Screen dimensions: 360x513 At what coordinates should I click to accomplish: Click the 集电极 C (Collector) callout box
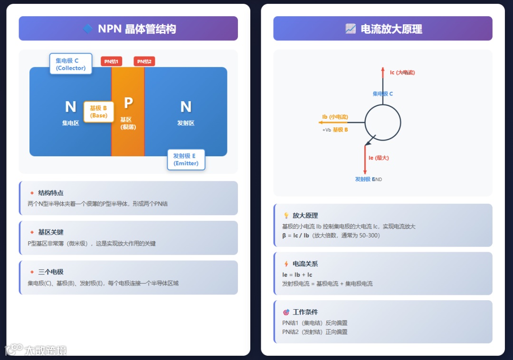pyautogui.click(x=71, y=64)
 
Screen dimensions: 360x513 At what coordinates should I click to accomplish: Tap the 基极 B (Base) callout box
pyautogui.click(x=98, y=112)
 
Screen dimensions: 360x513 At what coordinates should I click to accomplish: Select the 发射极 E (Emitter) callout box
pyautogui.click(x=186, y=160)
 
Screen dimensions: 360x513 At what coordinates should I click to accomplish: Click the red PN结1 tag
pyautogui.click(x=111, y=61)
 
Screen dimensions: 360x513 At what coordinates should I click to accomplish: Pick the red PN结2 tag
pyautogui.click(x=144, y=61)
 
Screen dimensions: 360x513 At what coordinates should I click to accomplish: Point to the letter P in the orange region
pyautogui.click(x=128, y=103)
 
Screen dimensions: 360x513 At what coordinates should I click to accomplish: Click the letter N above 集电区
pyautogui.click(x=70, y=107)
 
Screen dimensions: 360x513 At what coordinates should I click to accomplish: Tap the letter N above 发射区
pyautogui.click(x=186, y=107)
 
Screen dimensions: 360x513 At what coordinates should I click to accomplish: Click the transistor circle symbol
pyautogui.click(x=383, y=123)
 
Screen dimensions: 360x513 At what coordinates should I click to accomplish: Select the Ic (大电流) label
pyautogui.click(x=402, y=73)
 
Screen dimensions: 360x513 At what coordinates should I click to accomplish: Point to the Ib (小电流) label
pyautogui.click(x=335, y=117)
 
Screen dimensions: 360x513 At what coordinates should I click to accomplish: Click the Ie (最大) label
pyautogui.click(x=379, y=158)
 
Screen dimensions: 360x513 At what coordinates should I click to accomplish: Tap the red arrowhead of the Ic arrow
pyautogui.click(x=383, y=70)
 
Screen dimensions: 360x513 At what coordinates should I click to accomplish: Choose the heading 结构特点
pyautogui.click(x=51, y=193)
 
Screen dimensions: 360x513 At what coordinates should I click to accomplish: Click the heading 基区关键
pyautogui.click(x=51, y=232)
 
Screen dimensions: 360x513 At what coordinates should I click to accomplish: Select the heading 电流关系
pyautogui.click(x=305, y=264)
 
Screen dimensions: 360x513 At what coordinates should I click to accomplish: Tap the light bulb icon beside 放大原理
pyautogui.click(x=286, y=215)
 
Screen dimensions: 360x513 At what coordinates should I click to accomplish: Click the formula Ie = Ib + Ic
pyautogui.click(x=297, y=275)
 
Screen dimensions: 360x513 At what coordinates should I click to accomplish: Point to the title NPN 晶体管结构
pyautogui.click(x=137, y=29)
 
